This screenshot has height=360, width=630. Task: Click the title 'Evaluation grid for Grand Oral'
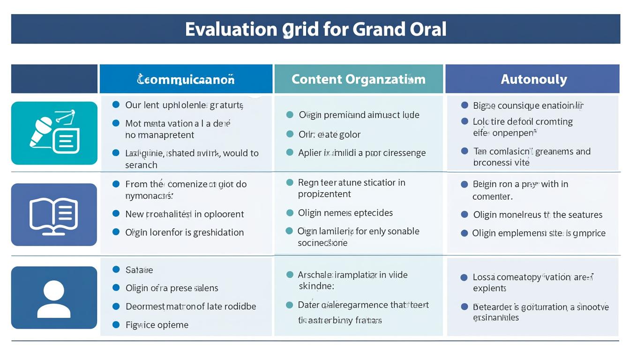point(315,29)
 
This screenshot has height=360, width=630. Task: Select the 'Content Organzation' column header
point(359,79)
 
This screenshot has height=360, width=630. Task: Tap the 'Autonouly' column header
point(533,79)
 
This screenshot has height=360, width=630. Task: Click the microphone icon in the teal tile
point(42,131)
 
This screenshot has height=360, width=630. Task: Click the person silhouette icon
point(54,299)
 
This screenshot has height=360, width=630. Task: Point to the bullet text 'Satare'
point(139,270)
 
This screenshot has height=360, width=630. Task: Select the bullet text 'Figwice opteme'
point(157,325)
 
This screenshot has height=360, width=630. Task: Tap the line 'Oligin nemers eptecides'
point(345,213)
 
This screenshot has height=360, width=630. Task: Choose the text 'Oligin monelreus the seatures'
point(538,215)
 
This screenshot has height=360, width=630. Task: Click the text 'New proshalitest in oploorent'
point(185,214)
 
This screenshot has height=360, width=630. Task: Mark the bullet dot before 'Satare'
point(116,270)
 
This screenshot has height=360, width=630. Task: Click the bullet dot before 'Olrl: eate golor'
point(290,134)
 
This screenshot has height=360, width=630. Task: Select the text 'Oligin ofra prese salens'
point(172,288)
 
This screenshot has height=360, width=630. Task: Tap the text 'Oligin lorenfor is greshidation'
point(185,232)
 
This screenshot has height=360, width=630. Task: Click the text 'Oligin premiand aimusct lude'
point(359,115)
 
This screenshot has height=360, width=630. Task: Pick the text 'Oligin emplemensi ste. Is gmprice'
point(539,233)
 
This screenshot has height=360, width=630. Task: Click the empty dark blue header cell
point(54,79)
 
